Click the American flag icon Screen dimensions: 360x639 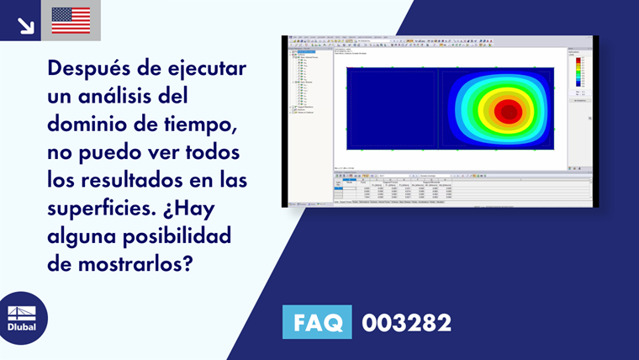pyautogui.click(x=71, y=20)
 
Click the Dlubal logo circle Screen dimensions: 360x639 pyautogui.click(x=23, y=317)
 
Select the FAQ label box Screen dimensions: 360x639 pyautogui.click(x=317, y=322)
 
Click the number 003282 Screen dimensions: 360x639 pyautogui.click(x=406, y=322)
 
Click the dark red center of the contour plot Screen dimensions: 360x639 pyautogui.click(x=507, y=111)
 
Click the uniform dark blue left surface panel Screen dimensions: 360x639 pyautogui.click(x=390, y=109)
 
